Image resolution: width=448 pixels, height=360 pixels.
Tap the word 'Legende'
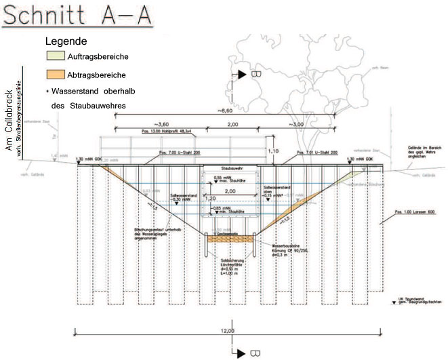coord(66,41)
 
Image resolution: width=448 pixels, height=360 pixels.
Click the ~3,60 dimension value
coord(161,125)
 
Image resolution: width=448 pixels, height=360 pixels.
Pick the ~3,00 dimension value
coord(296,125)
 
